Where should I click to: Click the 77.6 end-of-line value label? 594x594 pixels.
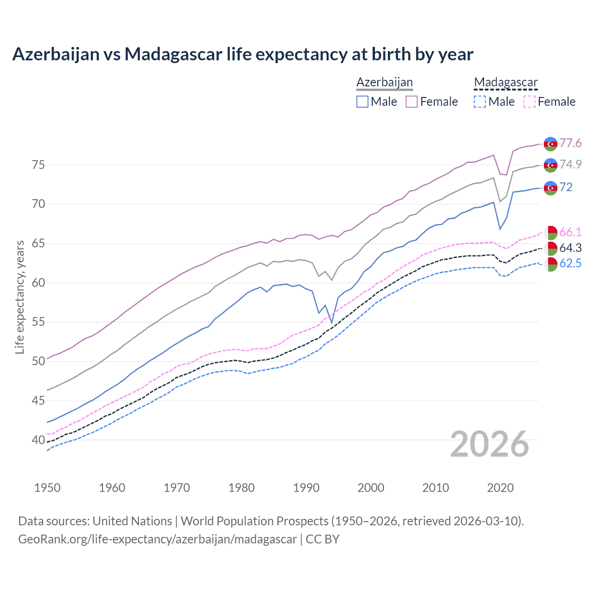pos(570,143)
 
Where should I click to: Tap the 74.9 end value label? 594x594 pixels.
pos(570,164)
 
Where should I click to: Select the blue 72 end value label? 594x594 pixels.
pos(566,187)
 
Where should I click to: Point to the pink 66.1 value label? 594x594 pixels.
pos(570,232)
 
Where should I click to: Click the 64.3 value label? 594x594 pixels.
pos(570,248)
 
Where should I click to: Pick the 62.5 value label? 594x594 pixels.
pos(570,264)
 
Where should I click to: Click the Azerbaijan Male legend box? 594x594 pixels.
pos(362,102)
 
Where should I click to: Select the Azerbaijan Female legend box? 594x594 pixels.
pos(412,102)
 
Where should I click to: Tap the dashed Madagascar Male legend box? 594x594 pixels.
pos(480,102)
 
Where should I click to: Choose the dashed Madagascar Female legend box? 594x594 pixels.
pos(529,102)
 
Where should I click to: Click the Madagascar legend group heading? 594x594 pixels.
pos(506,83)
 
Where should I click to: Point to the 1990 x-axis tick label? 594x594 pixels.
pos(306,488)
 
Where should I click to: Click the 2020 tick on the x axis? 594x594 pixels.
pos(500,488)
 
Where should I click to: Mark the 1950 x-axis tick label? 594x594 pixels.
pos(47,488)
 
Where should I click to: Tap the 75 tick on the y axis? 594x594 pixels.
pos(39,165)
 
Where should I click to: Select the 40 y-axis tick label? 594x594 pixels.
pos(39,439)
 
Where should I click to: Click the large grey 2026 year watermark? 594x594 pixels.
pos(490,444)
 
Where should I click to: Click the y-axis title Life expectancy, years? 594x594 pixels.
pos(20,297)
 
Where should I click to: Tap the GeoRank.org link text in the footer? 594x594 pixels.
pos(157,539)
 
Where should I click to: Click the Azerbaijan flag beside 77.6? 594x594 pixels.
pos(550,144)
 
